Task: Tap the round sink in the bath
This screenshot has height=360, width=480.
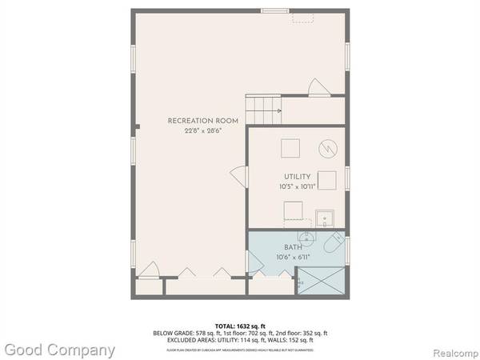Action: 305,238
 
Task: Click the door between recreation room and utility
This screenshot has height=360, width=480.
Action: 238,174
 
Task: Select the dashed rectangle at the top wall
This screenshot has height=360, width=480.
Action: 302,17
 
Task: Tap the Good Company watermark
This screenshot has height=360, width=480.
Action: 58,350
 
